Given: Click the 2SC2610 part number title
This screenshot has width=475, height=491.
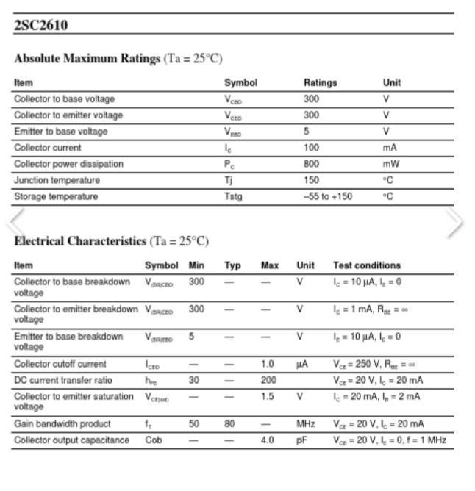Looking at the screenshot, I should [40, 26].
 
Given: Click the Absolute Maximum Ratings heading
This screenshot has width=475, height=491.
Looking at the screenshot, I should [87, 58].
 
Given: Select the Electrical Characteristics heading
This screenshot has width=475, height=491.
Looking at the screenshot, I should [80, 241].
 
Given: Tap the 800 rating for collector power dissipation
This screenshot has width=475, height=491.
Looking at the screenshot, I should [311, 164].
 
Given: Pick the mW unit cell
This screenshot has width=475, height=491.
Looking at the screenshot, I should [390, 164].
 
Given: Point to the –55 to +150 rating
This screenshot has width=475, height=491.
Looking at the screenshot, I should [328, 196].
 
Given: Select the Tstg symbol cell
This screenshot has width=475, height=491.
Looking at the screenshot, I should [233, 196].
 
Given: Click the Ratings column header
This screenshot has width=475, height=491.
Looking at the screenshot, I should [320, 83].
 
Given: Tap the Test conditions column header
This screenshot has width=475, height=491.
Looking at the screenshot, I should [367, 265].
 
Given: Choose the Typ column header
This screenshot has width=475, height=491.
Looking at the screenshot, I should [232, 265].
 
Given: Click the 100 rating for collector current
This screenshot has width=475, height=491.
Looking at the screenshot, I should [311, 148].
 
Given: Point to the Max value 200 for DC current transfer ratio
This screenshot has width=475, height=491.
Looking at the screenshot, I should [268, 381].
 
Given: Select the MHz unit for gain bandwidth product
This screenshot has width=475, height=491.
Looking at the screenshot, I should [305, 424].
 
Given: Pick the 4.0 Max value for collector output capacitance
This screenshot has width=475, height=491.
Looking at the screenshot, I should [267, 440].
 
